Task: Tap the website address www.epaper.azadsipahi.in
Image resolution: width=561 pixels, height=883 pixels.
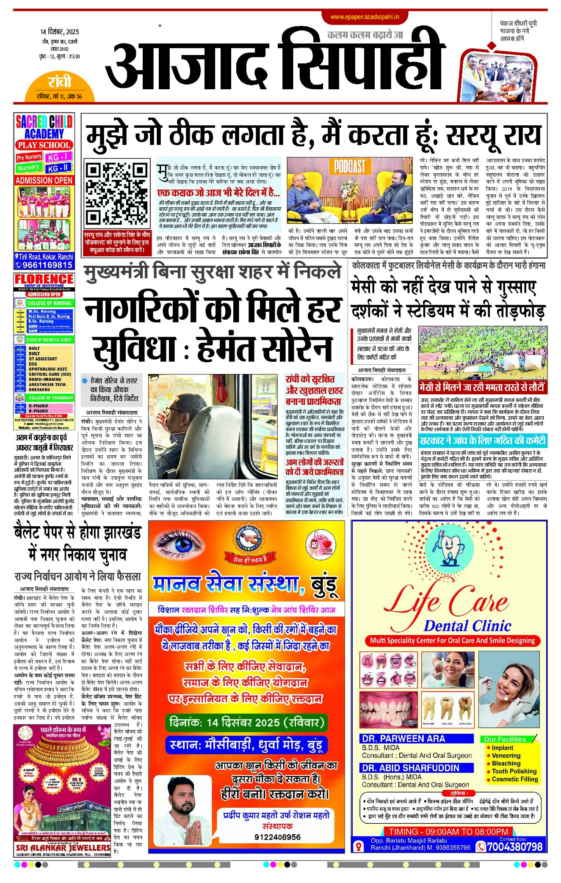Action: point(365,17)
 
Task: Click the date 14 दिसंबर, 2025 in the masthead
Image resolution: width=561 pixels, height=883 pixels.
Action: point(60,32)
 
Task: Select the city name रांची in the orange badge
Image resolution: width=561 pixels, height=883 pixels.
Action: point(59,81)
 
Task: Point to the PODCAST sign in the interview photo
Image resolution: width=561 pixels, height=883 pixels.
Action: point(349,167)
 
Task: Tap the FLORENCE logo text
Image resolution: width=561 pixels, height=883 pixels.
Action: point(44,279)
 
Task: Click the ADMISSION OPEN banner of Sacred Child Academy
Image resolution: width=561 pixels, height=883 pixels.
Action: point(44,180)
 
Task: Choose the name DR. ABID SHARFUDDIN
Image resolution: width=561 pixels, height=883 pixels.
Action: point(410,768)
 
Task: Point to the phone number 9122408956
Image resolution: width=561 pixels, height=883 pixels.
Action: point(277,837)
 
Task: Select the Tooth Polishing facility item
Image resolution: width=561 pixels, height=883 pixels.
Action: point(514,771)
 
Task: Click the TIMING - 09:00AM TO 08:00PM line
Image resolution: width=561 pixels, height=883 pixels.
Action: point(448,831)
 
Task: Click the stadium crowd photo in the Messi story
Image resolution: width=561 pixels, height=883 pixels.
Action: point(483,352)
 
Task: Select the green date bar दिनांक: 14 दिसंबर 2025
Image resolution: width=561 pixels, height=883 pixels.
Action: point(246,722)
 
